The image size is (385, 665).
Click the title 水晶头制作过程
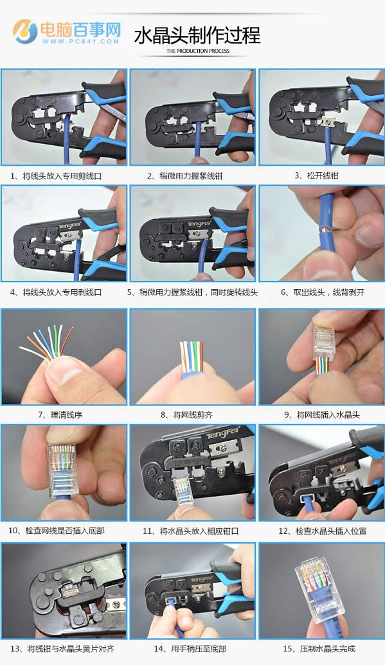[197, 35]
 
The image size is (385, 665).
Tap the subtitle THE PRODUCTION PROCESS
[198, 51]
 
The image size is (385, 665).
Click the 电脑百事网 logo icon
[25, 31]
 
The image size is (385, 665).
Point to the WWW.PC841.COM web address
[80, 41]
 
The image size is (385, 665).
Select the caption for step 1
[56, 176]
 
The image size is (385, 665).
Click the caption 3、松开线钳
[316, 175]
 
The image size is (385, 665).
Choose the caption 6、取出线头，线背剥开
[323, 292]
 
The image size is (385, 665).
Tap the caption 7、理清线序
[60, 415]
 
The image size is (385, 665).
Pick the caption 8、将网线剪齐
[187, 415]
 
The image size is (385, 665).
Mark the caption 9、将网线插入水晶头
[322, 415]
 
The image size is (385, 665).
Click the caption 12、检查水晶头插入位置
[322, 531]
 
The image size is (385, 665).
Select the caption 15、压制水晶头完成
[319, 649]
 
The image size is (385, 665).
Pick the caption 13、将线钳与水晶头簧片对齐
[62, 649]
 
